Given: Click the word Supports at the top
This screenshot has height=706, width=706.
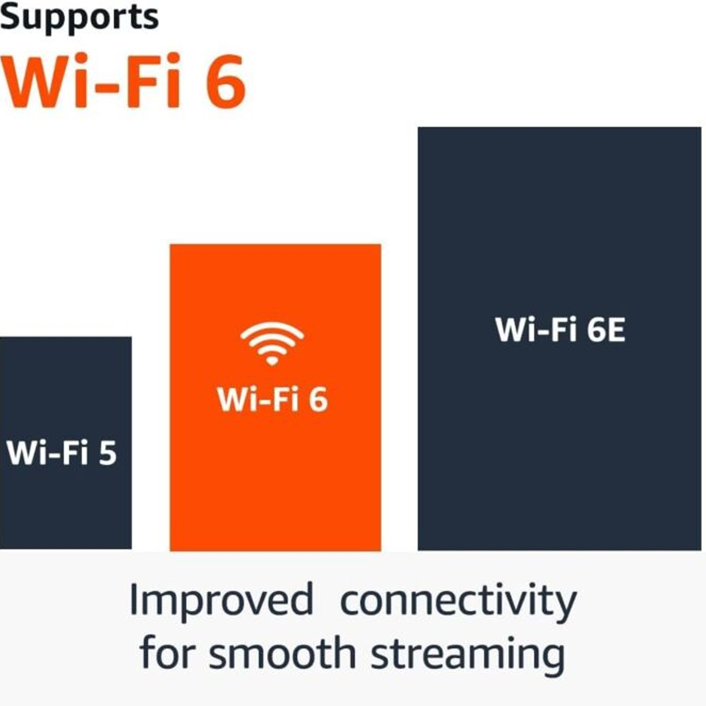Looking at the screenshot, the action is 79,18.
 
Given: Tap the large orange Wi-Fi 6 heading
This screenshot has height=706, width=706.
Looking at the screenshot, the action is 124,81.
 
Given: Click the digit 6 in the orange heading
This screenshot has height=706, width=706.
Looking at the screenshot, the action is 226,82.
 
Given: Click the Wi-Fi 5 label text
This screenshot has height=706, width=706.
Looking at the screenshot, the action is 62,453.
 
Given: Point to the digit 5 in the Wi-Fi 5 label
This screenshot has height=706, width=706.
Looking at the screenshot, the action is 108,453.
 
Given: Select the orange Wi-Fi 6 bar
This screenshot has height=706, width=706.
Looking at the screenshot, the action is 275,397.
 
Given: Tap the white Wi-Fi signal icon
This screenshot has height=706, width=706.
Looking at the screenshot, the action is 272,344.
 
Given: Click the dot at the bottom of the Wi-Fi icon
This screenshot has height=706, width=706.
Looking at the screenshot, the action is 272,361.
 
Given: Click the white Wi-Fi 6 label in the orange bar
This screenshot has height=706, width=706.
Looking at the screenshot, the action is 272,399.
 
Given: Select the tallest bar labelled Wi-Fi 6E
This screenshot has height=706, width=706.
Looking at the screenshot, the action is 560,338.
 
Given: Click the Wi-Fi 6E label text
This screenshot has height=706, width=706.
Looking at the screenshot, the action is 560,329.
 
